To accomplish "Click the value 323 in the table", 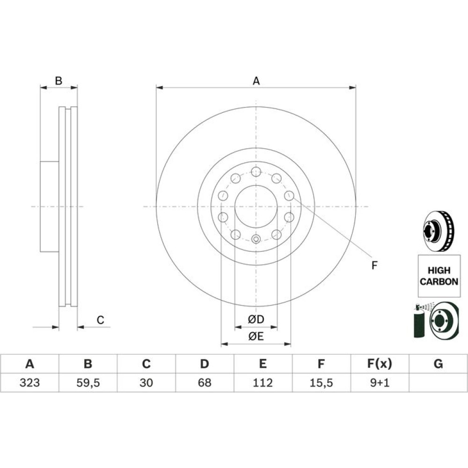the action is [29, 383].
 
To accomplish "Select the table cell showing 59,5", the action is [88, 383].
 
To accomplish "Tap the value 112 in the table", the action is [263, 383].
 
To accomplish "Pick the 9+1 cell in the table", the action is [380, 383].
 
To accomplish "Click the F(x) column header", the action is [380, 364].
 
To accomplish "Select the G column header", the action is [438, 364].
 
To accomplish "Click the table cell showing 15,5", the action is [321, 383].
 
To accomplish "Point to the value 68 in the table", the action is [205, 383].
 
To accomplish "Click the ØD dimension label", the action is [256, 319].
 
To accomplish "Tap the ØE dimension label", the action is [256, 336].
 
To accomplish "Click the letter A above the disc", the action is [256, 81].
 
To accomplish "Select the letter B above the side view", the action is [58, 80].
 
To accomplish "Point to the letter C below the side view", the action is [100, 320].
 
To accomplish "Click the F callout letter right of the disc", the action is [374, 265].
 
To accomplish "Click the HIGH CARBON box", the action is [439, 276].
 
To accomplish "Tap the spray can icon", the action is [419, 321].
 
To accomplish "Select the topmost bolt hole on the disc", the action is [256, 172].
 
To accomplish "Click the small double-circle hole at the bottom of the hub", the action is [256, 239].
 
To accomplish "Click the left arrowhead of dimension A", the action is [160, 88].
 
